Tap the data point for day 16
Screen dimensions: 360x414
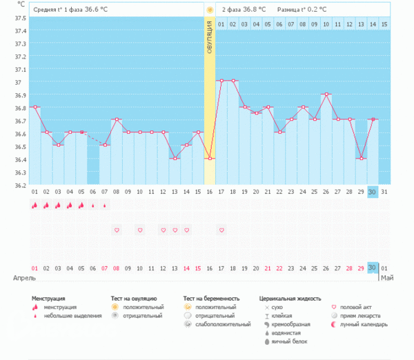(x=210, y=159)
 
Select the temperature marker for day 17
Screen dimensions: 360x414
(x=221, y=81)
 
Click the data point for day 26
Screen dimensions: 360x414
(x=326, y=94)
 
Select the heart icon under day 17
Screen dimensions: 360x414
(x=221, y=230)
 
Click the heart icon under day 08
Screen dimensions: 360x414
(x=117, y=230)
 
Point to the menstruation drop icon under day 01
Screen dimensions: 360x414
(x=34, y=205)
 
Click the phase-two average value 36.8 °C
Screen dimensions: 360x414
(x=252, y=10)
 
